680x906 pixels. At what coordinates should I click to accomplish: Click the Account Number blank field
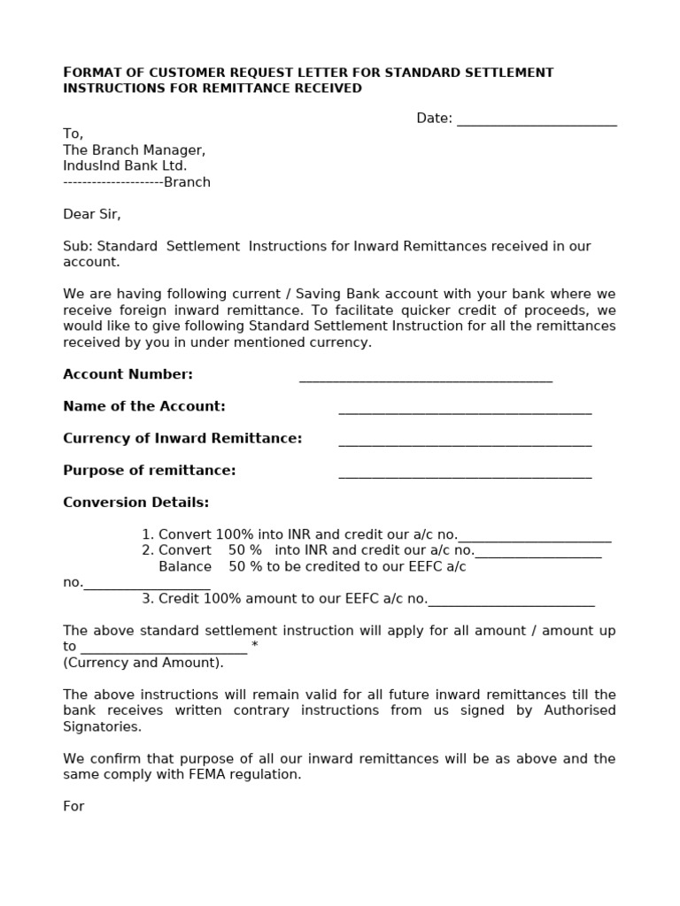[x=426, y=378]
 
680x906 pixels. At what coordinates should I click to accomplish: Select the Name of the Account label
[x=144, y=406]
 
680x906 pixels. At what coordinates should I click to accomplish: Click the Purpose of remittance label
[x=150, y=470]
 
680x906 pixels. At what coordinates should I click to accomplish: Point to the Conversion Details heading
[x=136, y=503]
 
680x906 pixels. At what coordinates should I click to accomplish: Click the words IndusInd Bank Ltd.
[x=125, y=165]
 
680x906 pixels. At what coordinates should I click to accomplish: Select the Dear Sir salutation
[x=92, y=214]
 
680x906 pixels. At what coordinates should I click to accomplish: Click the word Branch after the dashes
[x=187, y=182]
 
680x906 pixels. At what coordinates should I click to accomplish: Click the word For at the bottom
[x=73, y=806]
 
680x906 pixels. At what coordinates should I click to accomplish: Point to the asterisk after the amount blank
[x=255, y=647]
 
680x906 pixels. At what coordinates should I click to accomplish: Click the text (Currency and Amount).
[x=143, y=663]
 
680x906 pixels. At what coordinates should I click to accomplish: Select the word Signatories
[x=102, y=726]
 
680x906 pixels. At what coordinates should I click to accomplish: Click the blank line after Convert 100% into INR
[x=535, y=538]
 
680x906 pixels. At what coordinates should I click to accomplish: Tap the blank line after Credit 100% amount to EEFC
[x=511, y=603]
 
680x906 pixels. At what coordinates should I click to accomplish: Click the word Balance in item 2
[x=185, y=566]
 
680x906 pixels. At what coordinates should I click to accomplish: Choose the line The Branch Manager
[x=135, y=150]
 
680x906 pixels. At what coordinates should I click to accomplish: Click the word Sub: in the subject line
[x=78, y=246]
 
